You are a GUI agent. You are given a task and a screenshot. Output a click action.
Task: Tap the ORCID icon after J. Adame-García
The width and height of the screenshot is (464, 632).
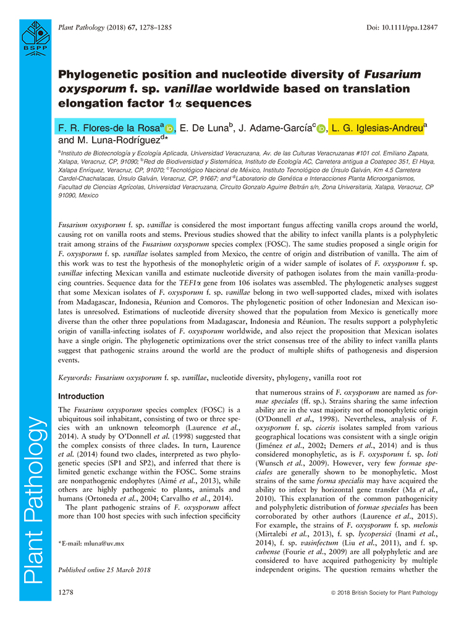tap(321, 129)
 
